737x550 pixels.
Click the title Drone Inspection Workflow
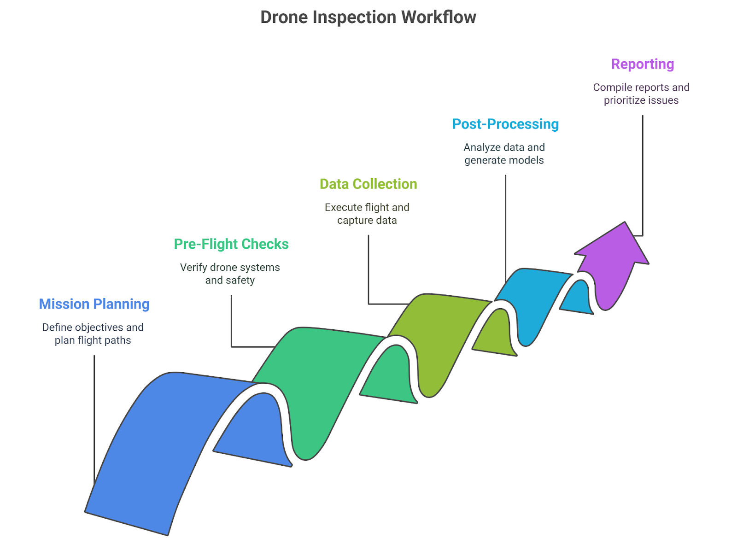click(368, 18)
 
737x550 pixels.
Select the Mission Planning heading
click(94, 304)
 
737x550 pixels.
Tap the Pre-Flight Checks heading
click(231, 244)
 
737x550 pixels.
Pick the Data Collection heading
click(368, 184)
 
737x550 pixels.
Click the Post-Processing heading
click(505, 124)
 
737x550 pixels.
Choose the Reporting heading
click(642, 64)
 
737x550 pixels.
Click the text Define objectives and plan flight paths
click(93, 334)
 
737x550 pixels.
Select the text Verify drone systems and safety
click(230, 274)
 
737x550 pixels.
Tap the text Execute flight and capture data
click(367, 214)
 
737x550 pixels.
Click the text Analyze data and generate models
click(504, 154)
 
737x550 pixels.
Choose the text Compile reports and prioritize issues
click(641, 94)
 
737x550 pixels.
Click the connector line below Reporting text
click(643, 175)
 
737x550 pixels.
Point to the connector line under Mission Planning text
click(94, 415)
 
